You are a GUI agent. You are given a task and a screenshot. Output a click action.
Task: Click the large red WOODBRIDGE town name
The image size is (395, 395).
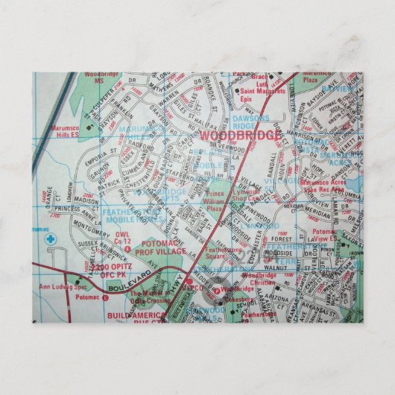[x=241, y=137]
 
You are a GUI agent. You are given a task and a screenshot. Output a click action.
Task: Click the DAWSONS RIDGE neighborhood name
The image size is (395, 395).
[x=261, y=121]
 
